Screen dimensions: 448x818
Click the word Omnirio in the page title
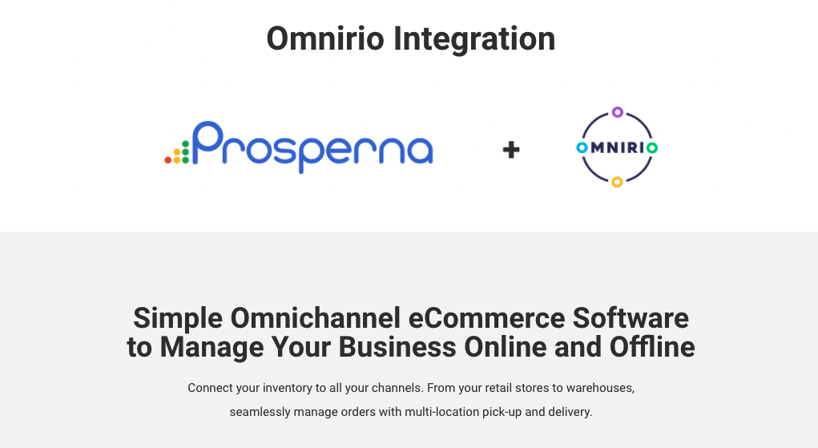coord(324,38)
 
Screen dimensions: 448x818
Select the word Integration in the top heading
coord(473,38)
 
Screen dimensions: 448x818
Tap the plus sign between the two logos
coord(511,149)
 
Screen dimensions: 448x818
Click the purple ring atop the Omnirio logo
coord(617,112)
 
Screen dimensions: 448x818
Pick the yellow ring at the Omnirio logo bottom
coord(617,182)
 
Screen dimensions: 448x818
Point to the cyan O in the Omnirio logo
coord(582,147)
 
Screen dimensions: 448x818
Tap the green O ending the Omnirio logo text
coord(652,147)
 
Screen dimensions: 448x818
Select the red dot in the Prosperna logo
coord(168,160)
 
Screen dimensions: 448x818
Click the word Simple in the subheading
coord(177,318)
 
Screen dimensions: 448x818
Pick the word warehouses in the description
coord(600,388)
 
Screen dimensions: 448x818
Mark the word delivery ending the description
coord(569,413)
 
